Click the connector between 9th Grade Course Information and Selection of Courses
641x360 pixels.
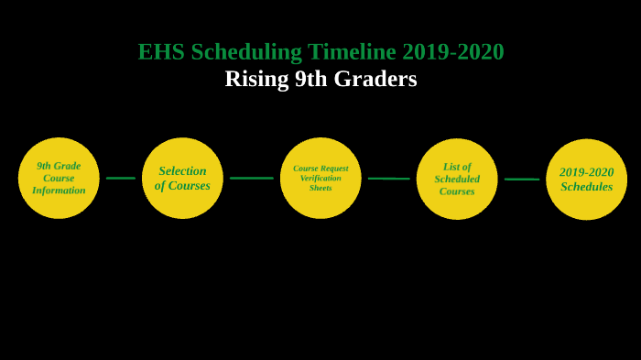121,178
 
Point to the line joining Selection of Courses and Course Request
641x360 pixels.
251,178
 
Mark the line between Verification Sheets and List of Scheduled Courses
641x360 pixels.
388,179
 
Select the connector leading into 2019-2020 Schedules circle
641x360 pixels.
521,180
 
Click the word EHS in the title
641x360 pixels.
161,52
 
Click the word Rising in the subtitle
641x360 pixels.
256,79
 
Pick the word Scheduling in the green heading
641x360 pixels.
246,52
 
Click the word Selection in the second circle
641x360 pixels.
182,170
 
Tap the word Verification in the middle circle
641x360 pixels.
320,178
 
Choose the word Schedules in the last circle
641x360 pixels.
586,187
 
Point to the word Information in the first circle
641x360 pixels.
59,191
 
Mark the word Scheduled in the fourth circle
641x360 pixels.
457,179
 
